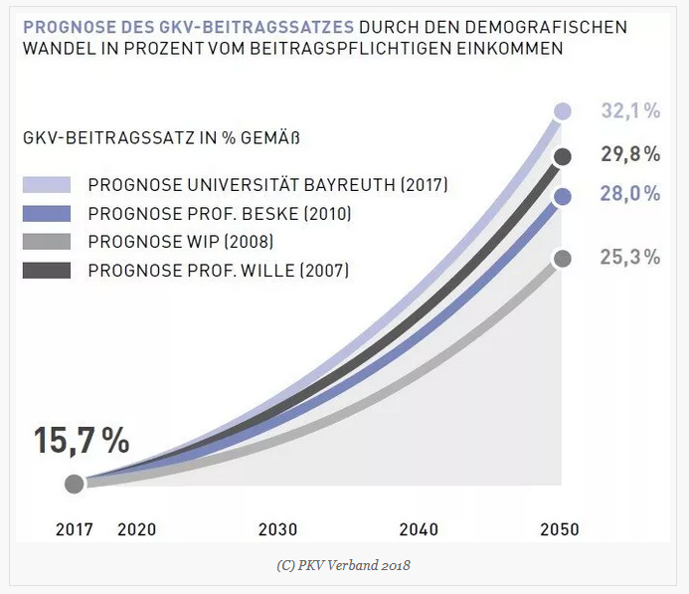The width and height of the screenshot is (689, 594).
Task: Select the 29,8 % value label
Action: pyautogui.click(x=630, y=154)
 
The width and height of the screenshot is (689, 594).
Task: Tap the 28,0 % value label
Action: pyautogui.click(x=630, y=196)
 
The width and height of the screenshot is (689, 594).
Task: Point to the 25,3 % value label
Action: pyautogui.click(x=630, y=258)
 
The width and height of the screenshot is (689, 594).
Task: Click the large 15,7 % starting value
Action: pyautogui.click(x=82, y=441)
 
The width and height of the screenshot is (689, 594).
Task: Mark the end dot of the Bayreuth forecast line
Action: pyautogui.click(x=563, y=111)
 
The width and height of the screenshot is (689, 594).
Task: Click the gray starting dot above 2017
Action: pyautogui.click(x=74, y=485)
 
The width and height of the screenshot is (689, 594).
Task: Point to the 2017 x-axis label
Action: pyautogui.click(x=75, y=529)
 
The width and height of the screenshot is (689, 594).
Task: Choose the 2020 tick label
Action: pyautogui.click(x=136, y=529)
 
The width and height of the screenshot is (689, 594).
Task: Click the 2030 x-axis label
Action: pyautogui.click(x=277, y=529)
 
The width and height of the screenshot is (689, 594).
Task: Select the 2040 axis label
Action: pyautogui.click(x=419, y=529)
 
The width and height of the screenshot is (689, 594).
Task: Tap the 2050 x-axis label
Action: pyautogui.click(x=559, y=529)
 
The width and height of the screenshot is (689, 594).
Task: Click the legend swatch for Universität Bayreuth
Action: pyautogui.click(x=47, y=185)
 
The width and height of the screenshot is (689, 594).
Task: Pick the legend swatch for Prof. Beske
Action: pyautogui.click(x=47, y=213)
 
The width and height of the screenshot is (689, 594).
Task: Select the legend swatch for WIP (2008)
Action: pyautogui.click(x=47, y=241)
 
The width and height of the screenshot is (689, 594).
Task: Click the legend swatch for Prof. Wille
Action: pyautogui.click(x=47, y=270)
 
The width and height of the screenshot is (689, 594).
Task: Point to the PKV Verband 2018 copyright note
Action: pyautogui.click(x=344, y=565)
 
